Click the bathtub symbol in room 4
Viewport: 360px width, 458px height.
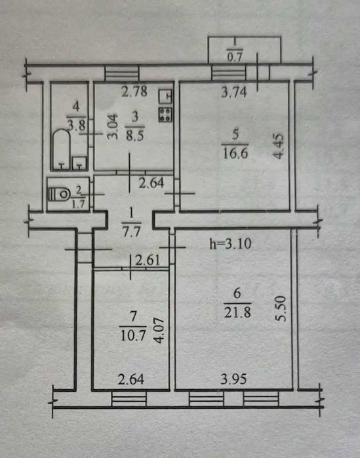(x=62, y=149)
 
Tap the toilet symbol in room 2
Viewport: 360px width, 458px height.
(x=59, y=194)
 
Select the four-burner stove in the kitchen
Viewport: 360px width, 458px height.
(x=166, y=114)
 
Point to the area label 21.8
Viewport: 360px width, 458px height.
(x=237, y=313)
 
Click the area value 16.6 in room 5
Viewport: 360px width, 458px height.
(x=235, y=153)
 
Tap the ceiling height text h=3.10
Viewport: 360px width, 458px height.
(x=231, y=244)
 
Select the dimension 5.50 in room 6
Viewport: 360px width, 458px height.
(x=281, y=309)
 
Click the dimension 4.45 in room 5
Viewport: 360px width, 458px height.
(x=279, y=146)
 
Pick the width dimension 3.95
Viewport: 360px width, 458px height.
(x=233, y=379)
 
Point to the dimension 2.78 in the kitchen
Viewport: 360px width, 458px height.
(x=134, y=92)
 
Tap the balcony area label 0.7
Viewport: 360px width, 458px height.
(x=235, y=57)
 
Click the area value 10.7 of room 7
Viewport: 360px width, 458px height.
(x=133, y=336)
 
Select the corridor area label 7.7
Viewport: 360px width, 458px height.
(x=131, y=233)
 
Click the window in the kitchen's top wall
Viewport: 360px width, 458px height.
(x=122, y=73)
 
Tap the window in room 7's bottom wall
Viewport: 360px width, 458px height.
(x=129, y=399)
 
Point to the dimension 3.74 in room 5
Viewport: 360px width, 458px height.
(x=234, y=92)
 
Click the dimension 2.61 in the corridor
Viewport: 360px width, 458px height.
(x=148, y=260)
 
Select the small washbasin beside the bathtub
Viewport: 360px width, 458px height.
(x=79, y=163)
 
